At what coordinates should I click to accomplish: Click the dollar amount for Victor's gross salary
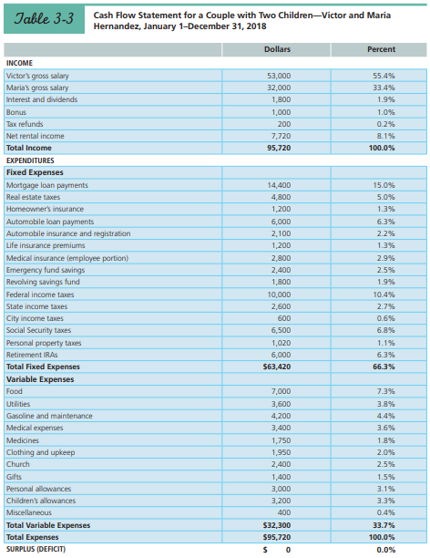[278, 75]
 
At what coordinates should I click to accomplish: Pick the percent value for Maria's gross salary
[383, 87]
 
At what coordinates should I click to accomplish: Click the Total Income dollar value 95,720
[278, 147]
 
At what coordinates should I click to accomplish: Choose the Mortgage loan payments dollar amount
[278, 185]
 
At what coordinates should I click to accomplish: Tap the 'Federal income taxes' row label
[40, 294]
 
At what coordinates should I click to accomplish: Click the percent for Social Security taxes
[384, 330]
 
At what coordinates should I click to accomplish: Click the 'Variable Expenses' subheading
[40, 378]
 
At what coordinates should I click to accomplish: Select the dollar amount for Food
[280, 391]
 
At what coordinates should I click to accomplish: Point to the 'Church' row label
[18, 464]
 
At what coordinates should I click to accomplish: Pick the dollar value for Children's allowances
[280, 501]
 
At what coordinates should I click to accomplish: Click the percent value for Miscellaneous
[384, 512]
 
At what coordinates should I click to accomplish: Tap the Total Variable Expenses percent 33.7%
[384, 525]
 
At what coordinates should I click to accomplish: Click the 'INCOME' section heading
[20, 63]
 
